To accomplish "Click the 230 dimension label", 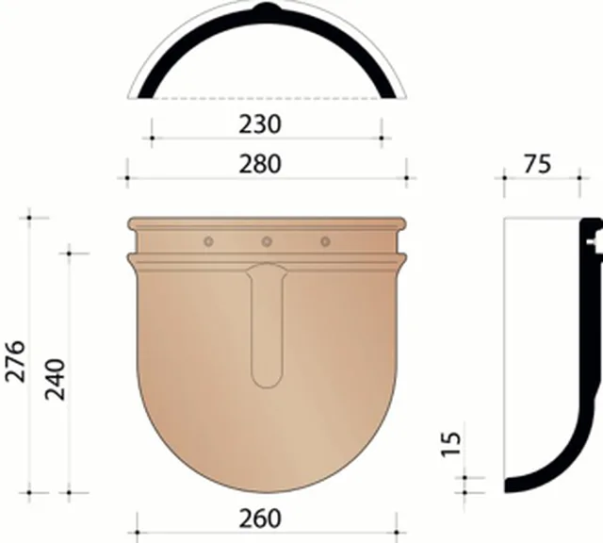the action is pos(260,124).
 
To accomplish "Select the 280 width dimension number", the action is pos(260,164).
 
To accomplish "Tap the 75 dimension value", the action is pos(537,164).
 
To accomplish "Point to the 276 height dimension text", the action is pos(16,361).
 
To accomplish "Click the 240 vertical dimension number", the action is pos(56,380).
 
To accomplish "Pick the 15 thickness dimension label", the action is pos(450,444).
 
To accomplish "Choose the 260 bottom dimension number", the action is pos(260,518).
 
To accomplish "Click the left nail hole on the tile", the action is pos(208,241).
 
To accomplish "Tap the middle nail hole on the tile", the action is pos(267,241).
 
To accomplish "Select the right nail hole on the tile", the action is pos(325,241).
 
